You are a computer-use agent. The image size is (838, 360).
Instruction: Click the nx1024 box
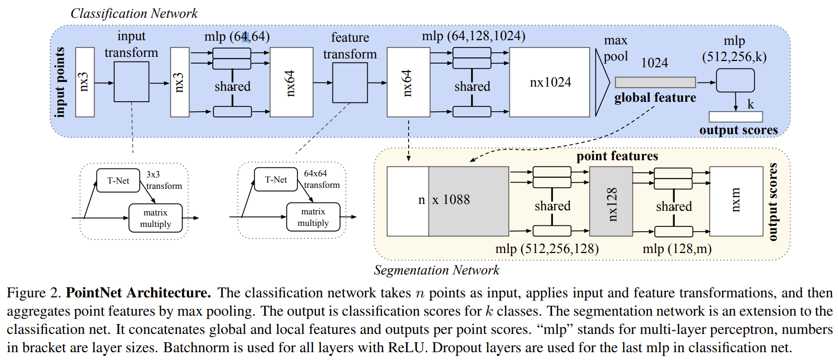click(x=549, y=82)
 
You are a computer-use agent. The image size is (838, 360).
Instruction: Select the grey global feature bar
click(x=655, y=82)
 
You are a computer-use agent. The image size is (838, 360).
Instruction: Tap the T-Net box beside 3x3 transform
click(x=118, y=181)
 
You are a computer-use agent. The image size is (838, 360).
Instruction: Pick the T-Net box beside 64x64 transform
click(x=276, y=179)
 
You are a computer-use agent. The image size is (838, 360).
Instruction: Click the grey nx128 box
click(x=611, y=202)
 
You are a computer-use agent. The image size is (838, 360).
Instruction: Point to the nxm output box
click(x=735, y=201)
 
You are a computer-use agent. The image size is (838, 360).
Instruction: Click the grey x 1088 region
click(x=469, y=201)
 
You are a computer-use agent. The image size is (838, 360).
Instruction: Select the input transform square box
click(x=131, y=82)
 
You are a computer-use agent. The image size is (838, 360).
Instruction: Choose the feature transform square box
click(x=350, y=83)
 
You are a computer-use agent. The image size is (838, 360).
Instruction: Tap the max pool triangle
click(x=602, y=82)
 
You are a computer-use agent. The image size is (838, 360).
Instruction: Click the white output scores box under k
click(x=735, y=117)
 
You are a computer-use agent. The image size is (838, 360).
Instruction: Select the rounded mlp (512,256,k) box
click(x=735, y=81)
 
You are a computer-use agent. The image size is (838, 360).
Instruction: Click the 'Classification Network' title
click(x=134, y=13)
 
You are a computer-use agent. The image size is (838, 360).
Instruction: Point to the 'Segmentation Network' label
click(x=436, y=270)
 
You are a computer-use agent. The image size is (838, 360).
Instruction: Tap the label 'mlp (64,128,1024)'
click(x=473, y=36)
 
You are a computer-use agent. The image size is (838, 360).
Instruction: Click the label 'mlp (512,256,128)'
click(x=547, y=249)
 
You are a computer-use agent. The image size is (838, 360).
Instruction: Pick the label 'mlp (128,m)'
click(x=677, y=249)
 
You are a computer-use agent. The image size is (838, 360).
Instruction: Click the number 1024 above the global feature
click(x=654, y=63)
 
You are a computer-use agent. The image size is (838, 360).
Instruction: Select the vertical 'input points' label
click(x=60, y=82)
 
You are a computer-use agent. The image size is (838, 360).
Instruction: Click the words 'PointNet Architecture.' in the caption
click(x=138, y=293)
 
